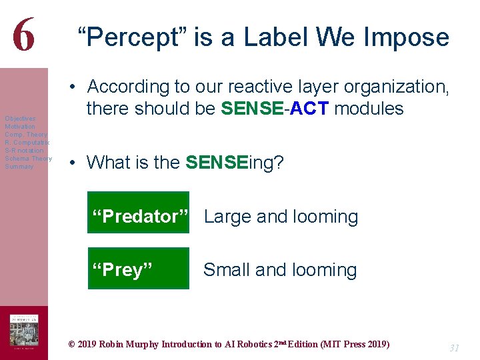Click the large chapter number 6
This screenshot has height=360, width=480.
click(23, 35)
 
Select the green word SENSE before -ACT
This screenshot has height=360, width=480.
click(253, 109)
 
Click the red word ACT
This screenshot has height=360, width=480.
click(309, 109)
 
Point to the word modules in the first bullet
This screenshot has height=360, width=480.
click(369, 109)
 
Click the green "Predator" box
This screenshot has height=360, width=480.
click(139, 213)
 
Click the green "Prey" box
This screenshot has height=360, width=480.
click(139, 268)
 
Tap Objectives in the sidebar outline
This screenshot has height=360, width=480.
click(21, 119)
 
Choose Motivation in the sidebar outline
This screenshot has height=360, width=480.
click(20, 127)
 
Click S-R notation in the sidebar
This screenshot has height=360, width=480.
click(24, 151)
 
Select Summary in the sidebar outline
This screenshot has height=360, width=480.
click(19, 167)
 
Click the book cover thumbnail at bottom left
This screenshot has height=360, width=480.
click(24, 331)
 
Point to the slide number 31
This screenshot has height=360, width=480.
click(454, 348)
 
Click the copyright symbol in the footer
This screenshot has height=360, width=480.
click(72, 345)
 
